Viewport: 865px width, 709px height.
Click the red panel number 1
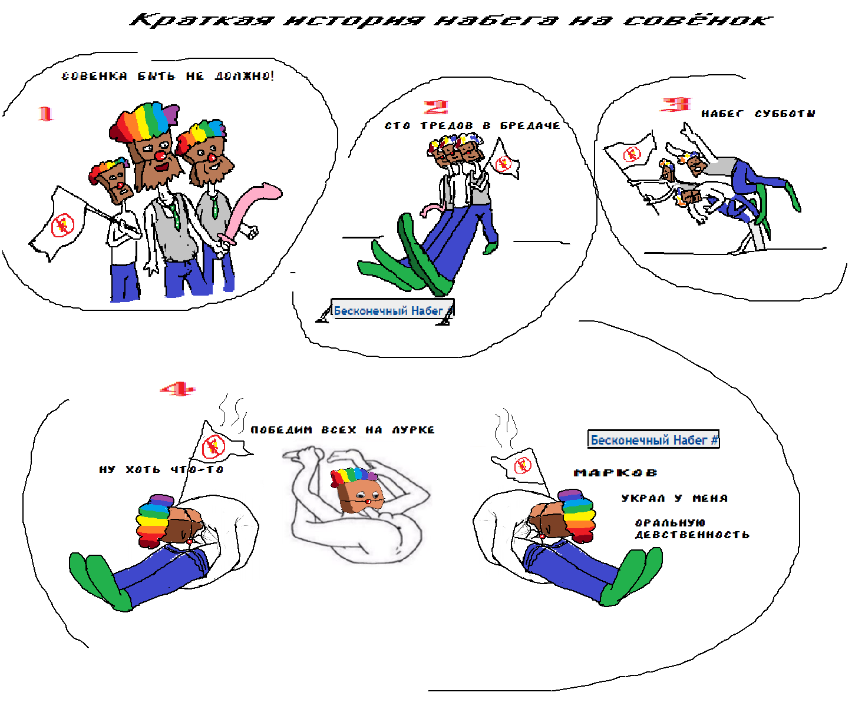coord(45,114)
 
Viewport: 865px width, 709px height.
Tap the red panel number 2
coord(436,107)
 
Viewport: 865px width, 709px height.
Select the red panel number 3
coord(675,104)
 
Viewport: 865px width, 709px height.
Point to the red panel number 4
coord(177,389)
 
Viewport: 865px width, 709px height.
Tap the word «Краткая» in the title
coord(202,20)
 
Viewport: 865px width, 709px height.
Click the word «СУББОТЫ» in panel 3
coord(785,114)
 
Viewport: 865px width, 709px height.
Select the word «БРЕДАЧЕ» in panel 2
coord(530,126)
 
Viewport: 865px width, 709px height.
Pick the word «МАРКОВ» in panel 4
coord(615,473)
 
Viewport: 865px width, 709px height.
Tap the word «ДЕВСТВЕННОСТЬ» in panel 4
coord(692,535)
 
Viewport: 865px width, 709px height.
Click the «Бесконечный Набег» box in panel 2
coord(392,310)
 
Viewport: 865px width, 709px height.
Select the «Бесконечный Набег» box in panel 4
coord(653,439)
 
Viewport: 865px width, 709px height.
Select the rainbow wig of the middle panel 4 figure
coord(354,476)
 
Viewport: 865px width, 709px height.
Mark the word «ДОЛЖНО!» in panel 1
coord(245,76)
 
